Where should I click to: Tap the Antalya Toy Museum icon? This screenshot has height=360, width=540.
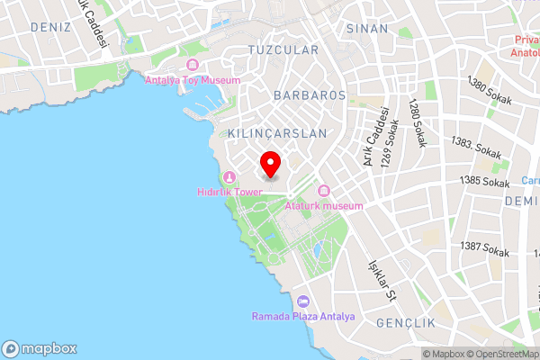pyautogui.click(x=193, y=65)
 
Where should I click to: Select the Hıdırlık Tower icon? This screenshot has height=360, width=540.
pyautogui.click(x=230, y=177)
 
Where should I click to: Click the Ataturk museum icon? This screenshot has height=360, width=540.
pyautogui.click(x=324, y=191)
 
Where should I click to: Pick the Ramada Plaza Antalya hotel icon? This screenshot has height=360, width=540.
pyautogui.click(x=303, y=301)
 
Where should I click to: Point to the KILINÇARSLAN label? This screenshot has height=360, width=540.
pyautogui.click(x=277, y=132)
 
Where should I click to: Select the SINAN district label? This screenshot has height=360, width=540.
pyautogui.click(x=367, y=28)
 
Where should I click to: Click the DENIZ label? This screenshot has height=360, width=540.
pyautogui.click(x=49, y=27)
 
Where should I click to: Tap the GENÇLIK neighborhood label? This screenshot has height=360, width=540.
pyautogui.click(x=406, y=322)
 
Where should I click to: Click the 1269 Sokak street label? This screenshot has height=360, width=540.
pyautogui.click(x=394, y=144)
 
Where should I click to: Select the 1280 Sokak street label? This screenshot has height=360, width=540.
pyautogui.click(x=418, y=123)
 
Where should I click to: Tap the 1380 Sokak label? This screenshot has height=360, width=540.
pyautogui.click(x=490, y=92)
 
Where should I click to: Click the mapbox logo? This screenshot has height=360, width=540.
pyautogui.click(x=40, y=348)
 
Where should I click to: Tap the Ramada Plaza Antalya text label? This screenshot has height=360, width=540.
pyautogui.click(x=303, y=317)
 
